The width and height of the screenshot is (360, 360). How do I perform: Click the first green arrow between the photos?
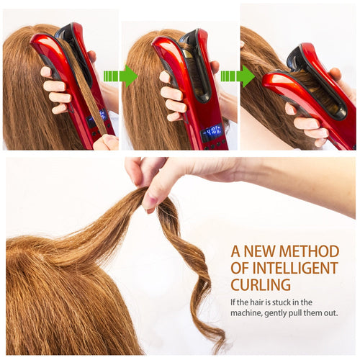(x=121, y=76)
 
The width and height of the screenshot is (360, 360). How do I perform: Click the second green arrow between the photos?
(x=238, y=76)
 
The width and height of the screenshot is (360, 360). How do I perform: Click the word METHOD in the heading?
(x=309, y=251)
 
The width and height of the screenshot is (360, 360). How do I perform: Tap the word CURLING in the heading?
(x=261, y=284)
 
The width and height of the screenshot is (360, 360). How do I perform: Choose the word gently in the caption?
(x=275, y=314)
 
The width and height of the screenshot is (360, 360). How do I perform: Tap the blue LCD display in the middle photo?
(x=212, y=132)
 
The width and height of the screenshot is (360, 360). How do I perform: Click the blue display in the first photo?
(x=97, y=118)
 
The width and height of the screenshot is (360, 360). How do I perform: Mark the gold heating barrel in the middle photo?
(x=188, y=54)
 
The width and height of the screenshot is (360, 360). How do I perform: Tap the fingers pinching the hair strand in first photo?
(x=106, y=142)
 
